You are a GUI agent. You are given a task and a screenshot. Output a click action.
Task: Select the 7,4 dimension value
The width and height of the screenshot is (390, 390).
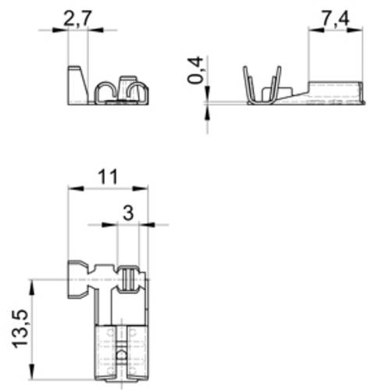click(335, 19)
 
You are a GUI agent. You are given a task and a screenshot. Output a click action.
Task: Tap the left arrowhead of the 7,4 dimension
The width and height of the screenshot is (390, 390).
click(312, 30)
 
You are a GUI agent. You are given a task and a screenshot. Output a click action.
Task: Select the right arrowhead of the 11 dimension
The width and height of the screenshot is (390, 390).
click(144, 188)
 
